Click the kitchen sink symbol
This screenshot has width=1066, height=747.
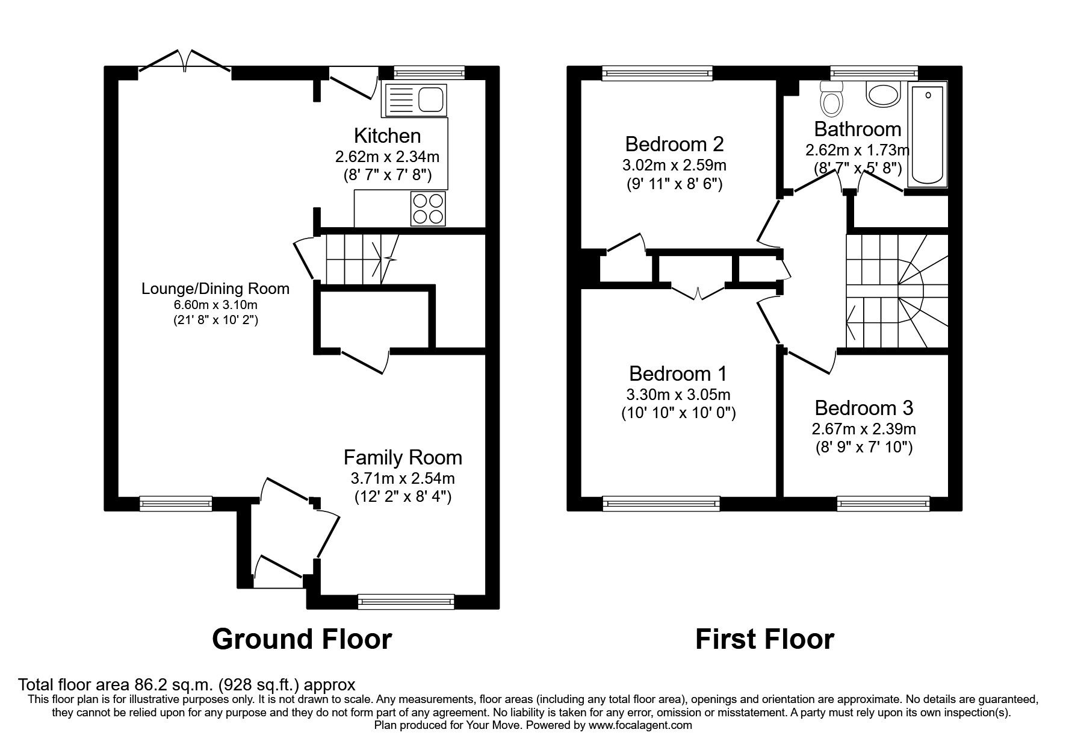click(x=414, y=100)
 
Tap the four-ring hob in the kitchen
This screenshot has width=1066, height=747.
click(x=429, y=208)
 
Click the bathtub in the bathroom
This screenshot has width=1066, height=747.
click(x=928, y=134)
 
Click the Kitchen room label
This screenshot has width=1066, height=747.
click(x=387, y=136)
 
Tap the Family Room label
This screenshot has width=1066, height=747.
click(x=403, y=458)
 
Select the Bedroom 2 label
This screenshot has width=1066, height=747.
click(x=674, y=145)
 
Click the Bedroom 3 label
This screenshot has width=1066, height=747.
click(x=864, y=408)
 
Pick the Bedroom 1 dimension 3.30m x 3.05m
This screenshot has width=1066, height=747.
click(x=678, y=395)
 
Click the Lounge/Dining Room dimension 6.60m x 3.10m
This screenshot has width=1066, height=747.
click(x=215, y=305)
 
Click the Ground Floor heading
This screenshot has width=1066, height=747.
click(x=302, y=639)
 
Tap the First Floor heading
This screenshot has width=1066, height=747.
click(x=764, y=639)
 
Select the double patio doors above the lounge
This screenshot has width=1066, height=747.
click(x=185, y=64)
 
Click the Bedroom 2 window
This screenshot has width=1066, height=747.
click(x=657, y=73)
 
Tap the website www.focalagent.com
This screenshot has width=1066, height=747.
click(x=640, y=725)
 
